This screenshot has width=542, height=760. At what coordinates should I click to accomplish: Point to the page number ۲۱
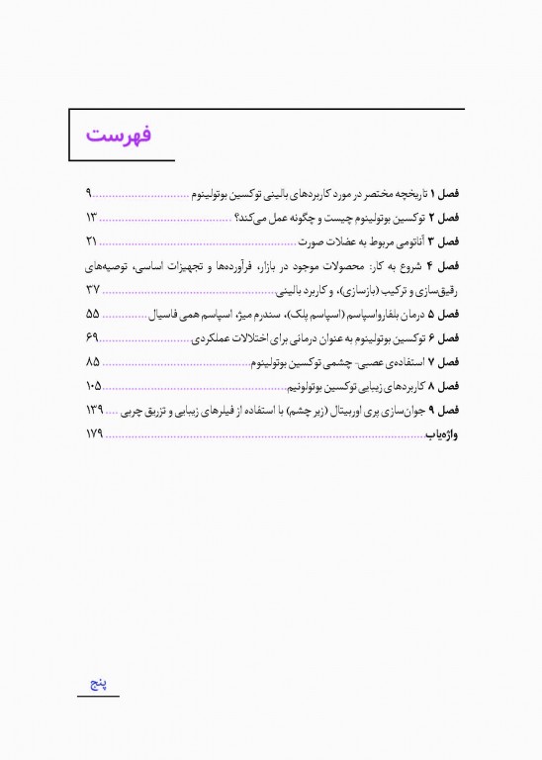(x=92, y=241)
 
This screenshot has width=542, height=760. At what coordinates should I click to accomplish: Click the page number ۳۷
(x=93, y=290)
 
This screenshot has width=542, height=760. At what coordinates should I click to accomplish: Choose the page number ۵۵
(x=93, y=314)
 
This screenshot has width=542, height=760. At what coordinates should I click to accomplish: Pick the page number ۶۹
(x=92, y=337)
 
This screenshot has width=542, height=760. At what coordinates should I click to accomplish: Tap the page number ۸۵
(x=93, y=361)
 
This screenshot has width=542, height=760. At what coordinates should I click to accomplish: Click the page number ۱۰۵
(x=95, y=385)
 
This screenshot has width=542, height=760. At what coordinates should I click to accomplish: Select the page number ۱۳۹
(x=95, y=409)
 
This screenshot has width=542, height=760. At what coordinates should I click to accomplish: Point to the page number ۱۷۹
(x=95, y=433)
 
